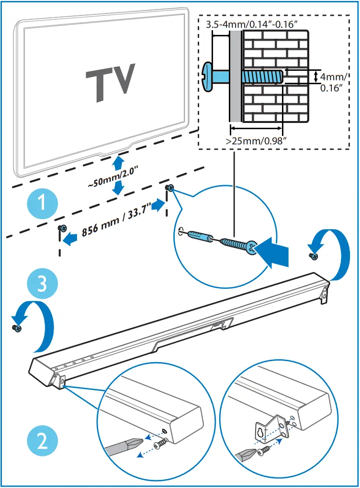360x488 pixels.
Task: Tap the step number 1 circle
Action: click(x=42, y=204)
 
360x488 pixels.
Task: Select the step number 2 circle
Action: click(x=42, y=441)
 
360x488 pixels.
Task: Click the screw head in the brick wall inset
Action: click(x=208, y=76)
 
